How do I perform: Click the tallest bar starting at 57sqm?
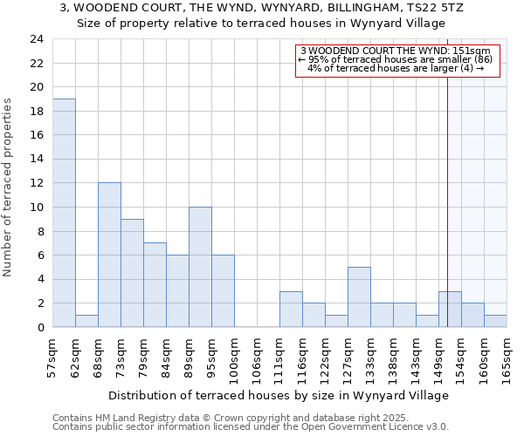coord(64,213)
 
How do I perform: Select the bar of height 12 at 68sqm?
coord(109,255)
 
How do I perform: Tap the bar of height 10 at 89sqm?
coord(200,267)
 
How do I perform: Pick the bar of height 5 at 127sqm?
coord(359,296)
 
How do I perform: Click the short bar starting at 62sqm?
coord(86,321)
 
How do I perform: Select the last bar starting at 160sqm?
coord(495,321)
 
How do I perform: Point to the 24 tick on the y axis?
coord(36,39)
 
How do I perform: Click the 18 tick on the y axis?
coord(36,111)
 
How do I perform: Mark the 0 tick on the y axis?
coord(40,327)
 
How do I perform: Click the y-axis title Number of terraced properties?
coord(9,187)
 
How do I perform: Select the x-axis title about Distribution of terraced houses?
coord(279,395)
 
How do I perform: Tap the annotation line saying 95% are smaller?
coord(396,59)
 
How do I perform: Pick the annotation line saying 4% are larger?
coord(396,68)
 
